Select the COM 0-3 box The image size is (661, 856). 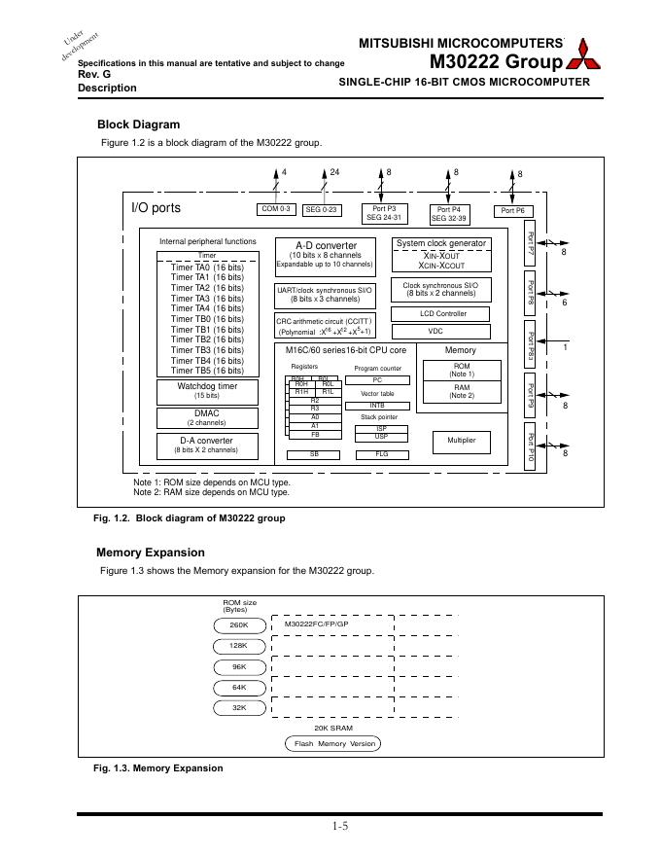(276, 209)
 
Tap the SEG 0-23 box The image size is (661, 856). (321, 209)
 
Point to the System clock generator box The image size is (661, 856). (441, 254)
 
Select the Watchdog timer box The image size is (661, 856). (207, 391)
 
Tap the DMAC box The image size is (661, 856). (207, 418)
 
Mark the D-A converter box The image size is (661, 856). (207, 446)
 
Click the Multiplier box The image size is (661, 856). (461, 441)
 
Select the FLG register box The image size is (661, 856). (382, 453)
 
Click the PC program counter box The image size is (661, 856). (377, 380)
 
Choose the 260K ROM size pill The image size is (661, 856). (239, 624)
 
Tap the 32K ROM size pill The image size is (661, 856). (239, 707)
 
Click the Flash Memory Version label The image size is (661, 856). (333, 743)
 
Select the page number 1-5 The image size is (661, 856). (339, 828)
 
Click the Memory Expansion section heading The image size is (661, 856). (151, 553)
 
